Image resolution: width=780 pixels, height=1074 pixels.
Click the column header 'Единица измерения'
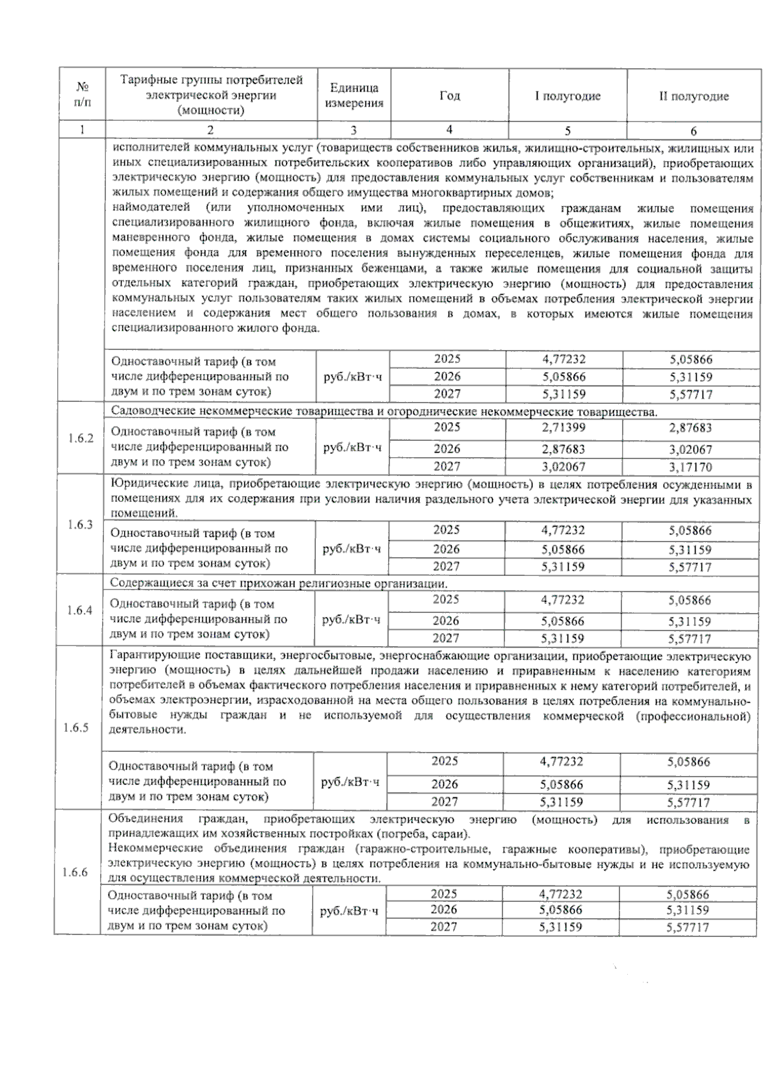click(x=354, y=95)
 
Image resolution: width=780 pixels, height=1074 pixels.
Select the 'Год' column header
click(x=449, y=95)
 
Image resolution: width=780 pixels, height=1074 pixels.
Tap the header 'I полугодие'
click(x=567, y=96)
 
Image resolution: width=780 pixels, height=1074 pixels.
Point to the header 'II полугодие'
click(x=694, y=96)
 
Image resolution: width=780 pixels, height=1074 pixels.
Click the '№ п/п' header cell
click(x=82, y=94)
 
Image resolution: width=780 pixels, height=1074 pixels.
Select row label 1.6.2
click(x=81, y=438)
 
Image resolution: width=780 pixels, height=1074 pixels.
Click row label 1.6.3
click(x=81, y=525)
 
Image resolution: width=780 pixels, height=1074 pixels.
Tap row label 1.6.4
click(x=80, y=610)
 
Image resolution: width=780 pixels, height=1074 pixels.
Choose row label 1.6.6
click(x=75, y=872)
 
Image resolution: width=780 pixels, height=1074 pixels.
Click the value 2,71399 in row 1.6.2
click(x=563, y=427)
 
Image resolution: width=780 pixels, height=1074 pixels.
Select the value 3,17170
click(x=690, y=467)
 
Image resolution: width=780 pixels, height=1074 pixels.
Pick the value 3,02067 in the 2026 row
click(x=690, y=449)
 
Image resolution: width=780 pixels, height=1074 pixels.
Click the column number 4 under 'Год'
click(x=449, y=129)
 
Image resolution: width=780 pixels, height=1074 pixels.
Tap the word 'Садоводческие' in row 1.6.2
click(x=148, y=411)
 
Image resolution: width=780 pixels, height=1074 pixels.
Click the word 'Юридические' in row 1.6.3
click(x=143, y=485)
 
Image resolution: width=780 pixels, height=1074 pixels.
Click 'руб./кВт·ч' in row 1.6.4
click(x=351, y=619)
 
